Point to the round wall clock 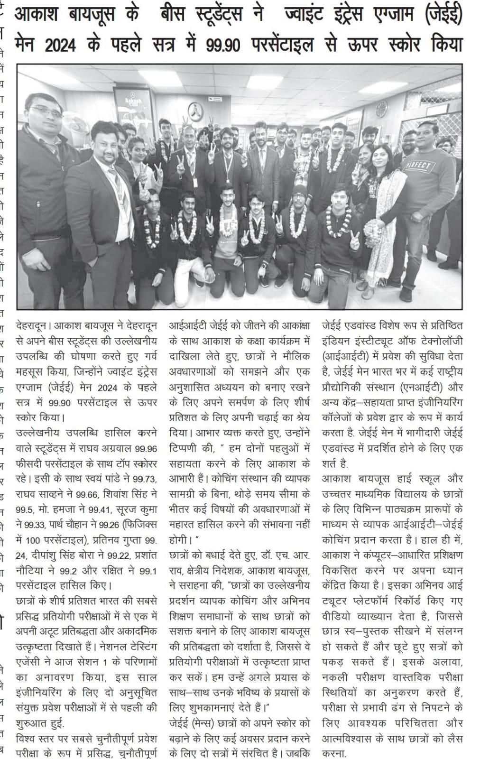coord(382,109)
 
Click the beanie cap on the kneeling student coord(299,191)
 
